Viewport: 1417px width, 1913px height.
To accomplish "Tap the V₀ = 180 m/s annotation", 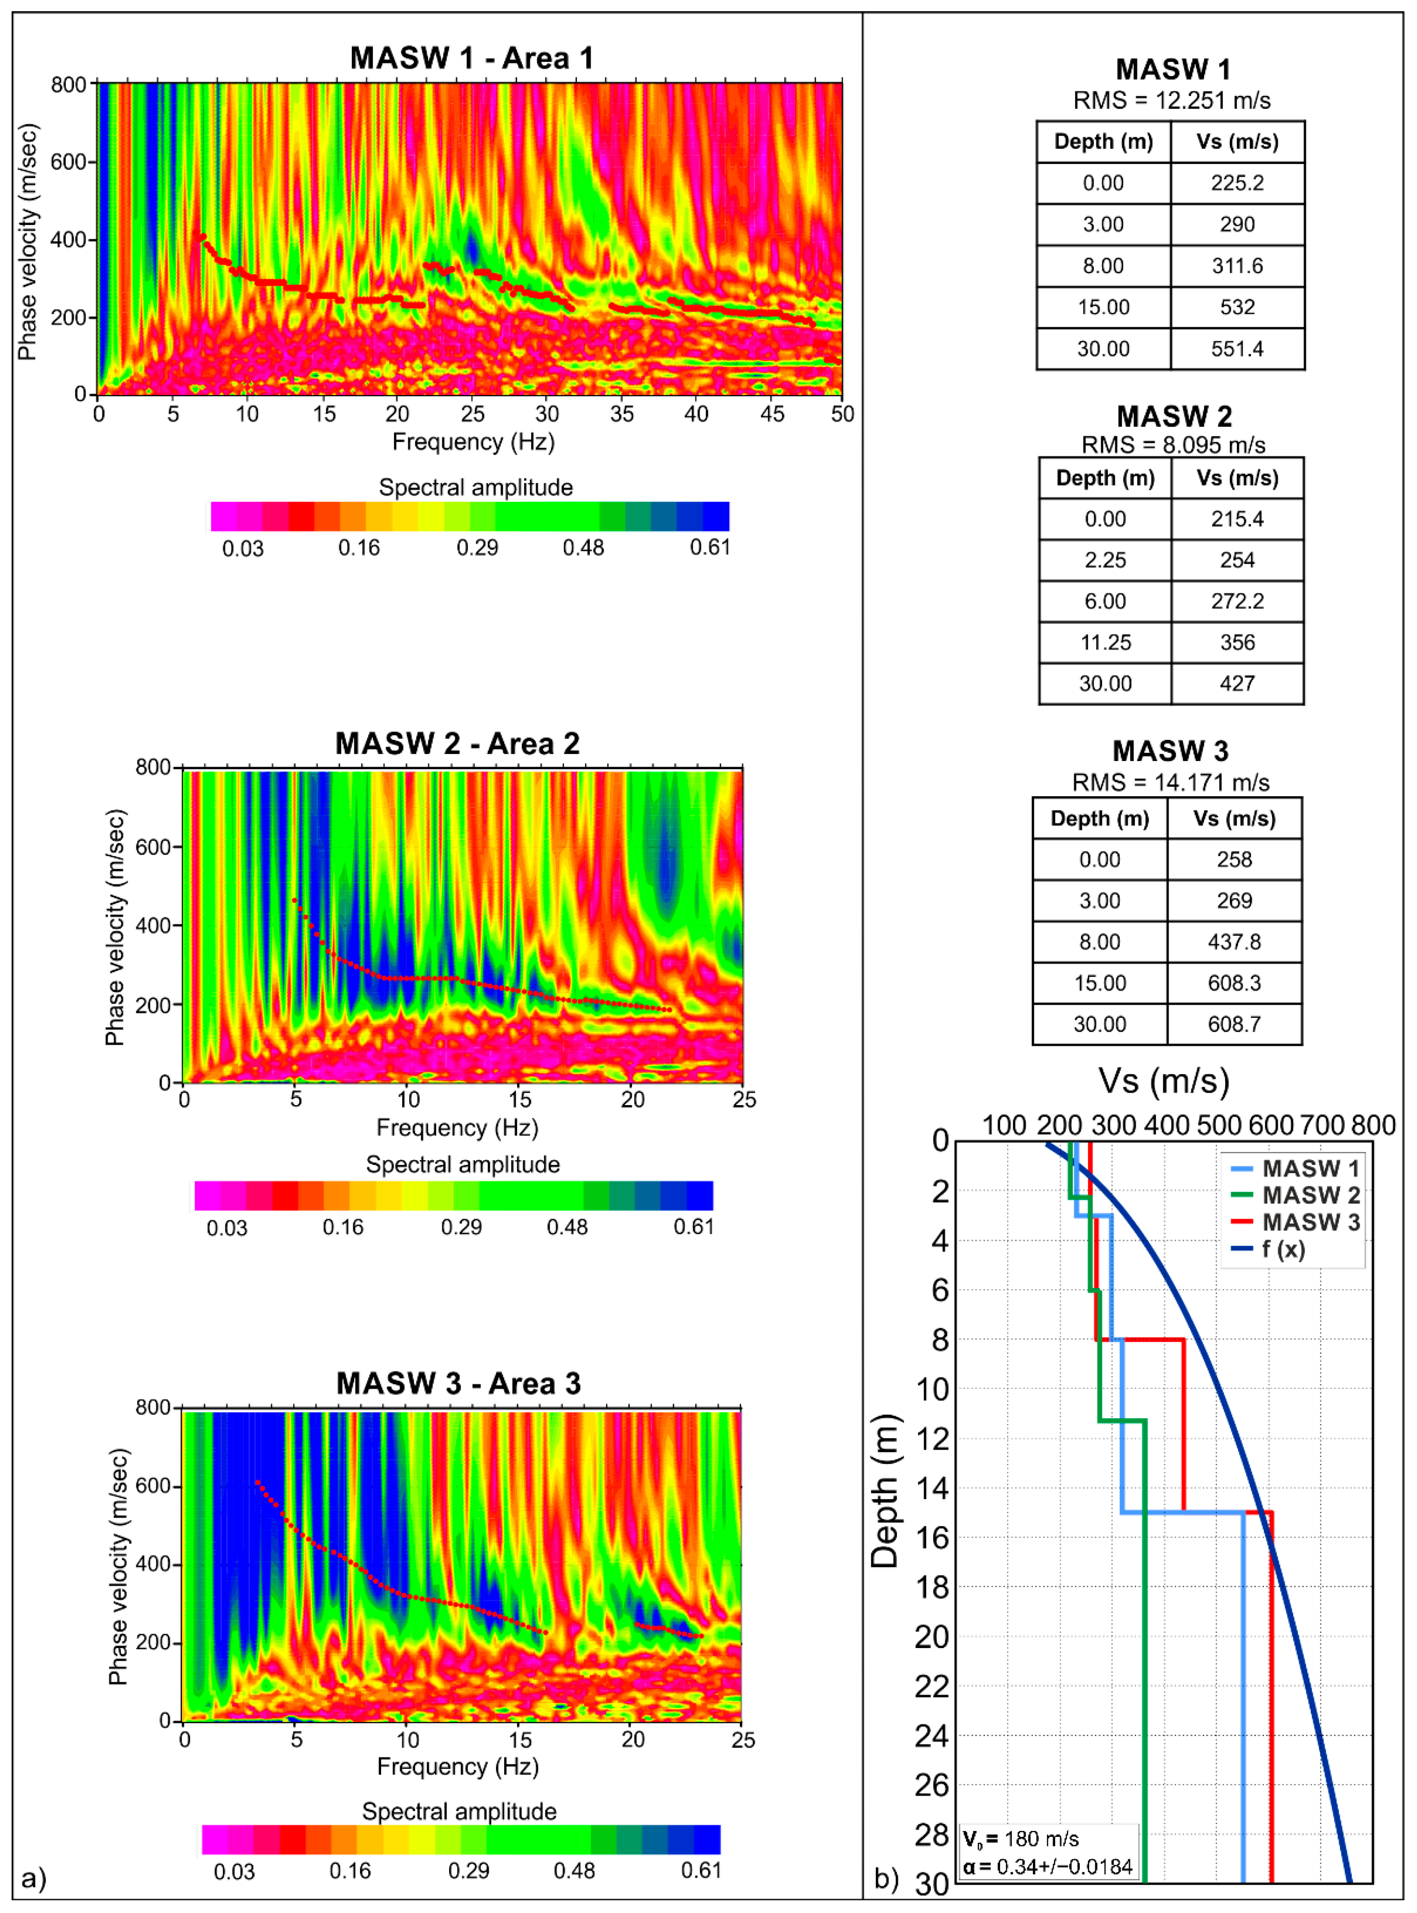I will (1021, 1839).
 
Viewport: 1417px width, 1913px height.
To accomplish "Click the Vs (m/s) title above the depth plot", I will (1164, 1082).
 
